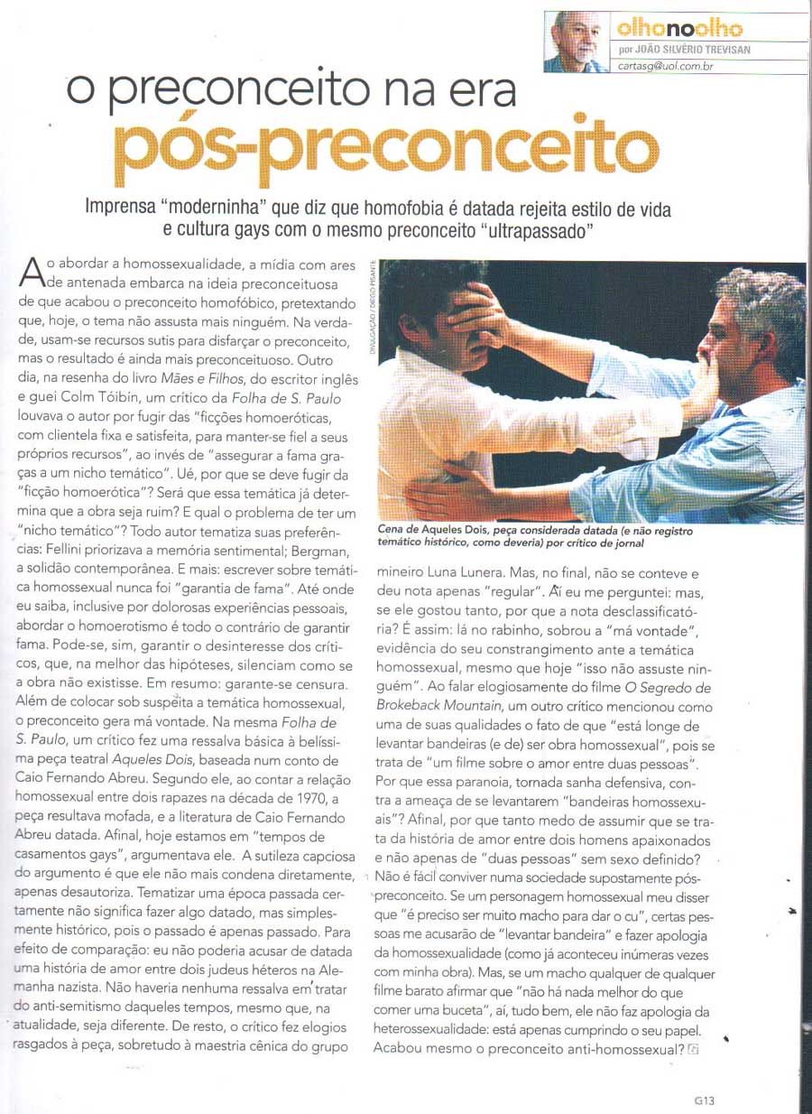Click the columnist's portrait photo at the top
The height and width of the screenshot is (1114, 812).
[576, 42]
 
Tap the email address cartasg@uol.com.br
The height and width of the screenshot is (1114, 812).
[667, 66]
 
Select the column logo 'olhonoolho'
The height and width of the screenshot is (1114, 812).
[666, 28]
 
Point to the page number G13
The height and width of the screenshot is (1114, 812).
[705, 1100]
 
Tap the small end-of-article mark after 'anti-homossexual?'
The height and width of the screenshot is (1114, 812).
[694, 1050]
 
